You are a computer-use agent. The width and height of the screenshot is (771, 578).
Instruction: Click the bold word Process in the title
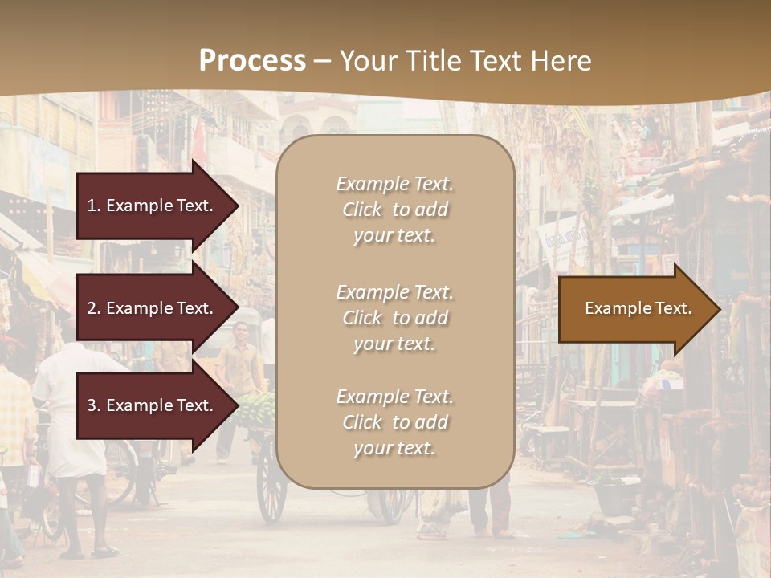(252, 60)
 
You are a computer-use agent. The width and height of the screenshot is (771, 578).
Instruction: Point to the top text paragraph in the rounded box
(394, 210)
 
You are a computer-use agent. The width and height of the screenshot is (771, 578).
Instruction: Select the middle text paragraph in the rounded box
(394, 318)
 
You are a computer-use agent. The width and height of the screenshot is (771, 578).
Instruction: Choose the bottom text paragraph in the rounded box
(394, 422)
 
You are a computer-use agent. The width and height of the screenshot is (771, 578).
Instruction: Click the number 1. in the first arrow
(93, 206)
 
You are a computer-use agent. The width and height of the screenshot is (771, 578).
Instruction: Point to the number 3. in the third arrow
(94, 405)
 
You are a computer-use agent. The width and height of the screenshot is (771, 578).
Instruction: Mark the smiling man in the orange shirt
(239, 361)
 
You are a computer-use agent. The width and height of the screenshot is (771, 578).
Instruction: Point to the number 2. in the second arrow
(94, 308)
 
